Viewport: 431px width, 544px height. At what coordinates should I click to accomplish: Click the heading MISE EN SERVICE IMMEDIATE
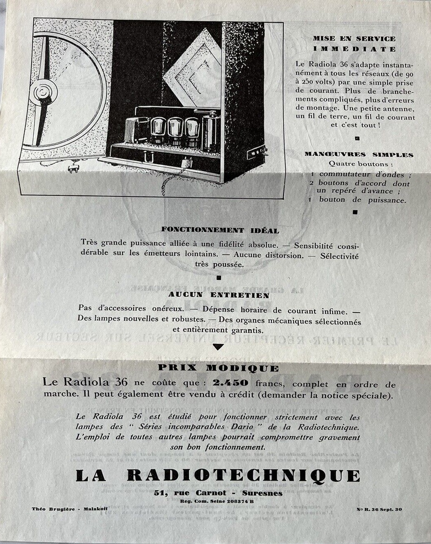pos(354,44)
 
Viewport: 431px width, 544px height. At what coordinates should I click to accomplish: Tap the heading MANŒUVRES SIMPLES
pos(359,155)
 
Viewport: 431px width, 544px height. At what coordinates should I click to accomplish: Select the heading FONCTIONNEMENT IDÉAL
pos(220,230)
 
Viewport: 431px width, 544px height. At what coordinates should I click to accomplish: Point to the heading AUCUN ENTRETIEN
pos(219,295)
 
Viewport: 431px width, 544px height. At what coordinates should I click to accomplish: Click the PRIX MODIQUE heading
pos(218,368)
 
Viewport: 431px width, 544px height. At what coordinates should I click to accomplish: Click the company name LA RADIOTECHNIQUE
pos(218,476)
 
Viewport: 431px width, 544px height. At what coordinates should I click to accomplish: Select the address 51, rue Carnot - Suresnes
pos(218,493)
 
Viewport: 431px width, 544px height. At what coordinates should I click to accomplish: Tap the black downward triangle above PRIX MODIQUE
pos(218,347)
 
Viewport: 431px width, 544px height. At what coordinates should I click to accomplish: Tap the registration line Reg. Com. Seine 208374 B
pos(217,501)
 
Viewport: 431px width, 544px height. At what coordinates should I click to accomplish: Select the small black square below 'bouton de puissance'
pos(355,212)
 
